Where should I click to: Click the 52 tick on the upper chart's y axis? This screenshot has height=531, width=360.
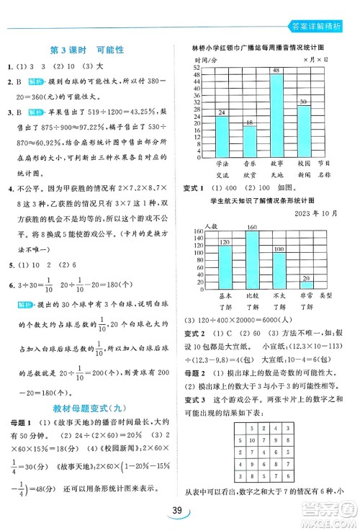pyautogui.click(x=195, y=67)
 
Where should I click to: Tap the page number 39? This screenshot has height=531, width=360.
pyautogui.click(x=179, y=512)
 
